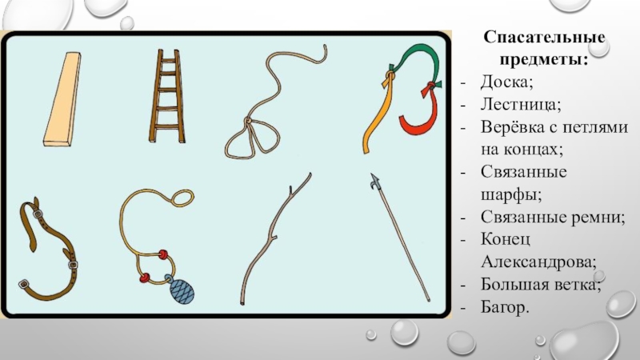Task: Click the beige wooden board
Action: (x=62, y=99)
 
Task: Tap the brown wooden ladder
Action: (x=167, y=96)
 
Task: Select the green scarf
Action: (x=416, y=61)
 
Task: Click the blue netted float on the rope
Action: (x=182, y=290)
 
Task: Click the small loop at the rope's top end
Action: (x=182, y=198)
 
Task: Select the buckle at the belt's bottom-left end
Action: (x=24, y=284)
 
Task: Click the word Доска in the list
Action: (x=506, y=82)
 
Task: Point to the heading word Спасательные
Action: (x=544, y=37)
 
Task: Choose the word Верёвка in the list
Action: (x=512, y=127)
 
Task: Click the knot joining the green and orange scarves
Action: (x=390, y=76)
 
